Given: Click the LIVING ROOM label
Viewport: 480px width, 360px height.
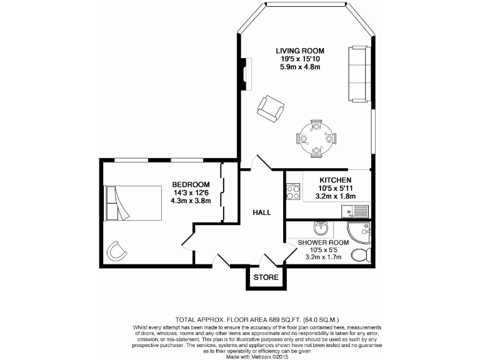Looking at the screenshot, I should click(x=301, y=50).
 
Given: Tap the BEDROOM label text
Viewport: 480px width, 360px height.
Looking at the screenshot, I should click(x=191, y=185).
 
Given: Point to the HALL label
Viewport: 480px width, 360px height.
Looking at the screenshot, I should click(x=262, y=212).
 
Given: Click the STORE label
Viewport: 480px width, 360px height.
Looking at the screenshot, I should click(x=266, y=277).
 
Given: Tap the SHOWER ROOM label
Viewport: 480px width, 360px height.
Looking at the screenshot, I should click(x=322, y=242).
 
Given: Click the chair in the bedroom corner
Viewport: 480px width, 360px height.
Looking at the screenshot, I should click(x=117, y=251).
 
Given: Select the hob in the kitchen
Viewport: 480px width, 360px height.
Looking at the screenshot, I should click(x=293, y=191).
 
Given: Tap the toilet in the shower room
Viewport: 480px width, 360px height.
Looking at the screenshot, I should click(x=361, y=256).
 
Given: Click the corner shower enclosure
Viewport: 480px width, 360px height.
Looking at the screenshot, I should click(x=362, y=232).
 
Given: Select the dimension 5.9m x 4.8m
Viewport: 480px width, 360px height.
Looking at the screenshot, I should click(x=301, y=66).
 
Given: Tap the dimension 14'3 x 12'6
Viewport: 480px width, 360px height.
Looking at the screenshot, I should click(x=191, y=193).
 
